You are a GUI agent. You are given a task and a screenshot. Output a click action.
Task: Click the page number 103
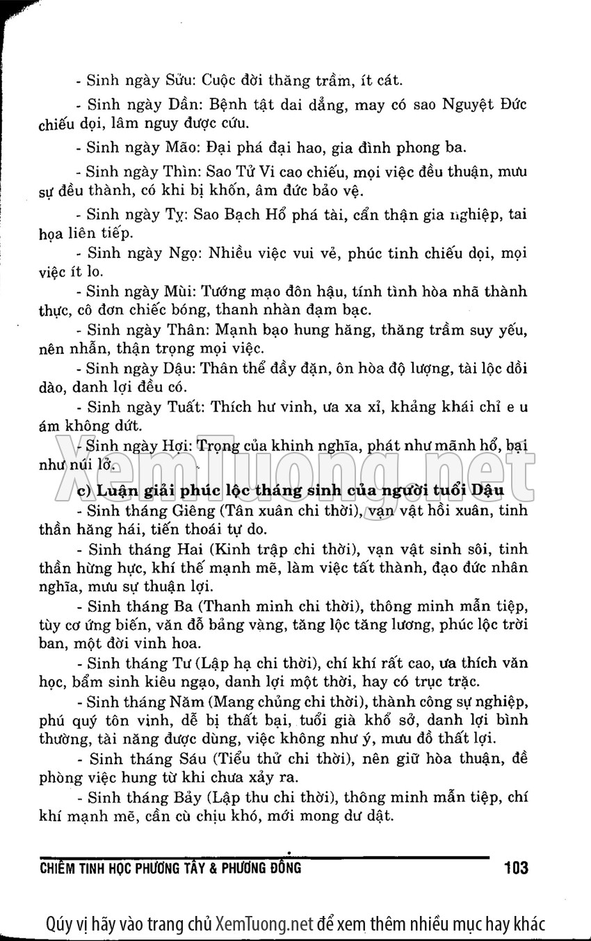click(514, 868)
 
